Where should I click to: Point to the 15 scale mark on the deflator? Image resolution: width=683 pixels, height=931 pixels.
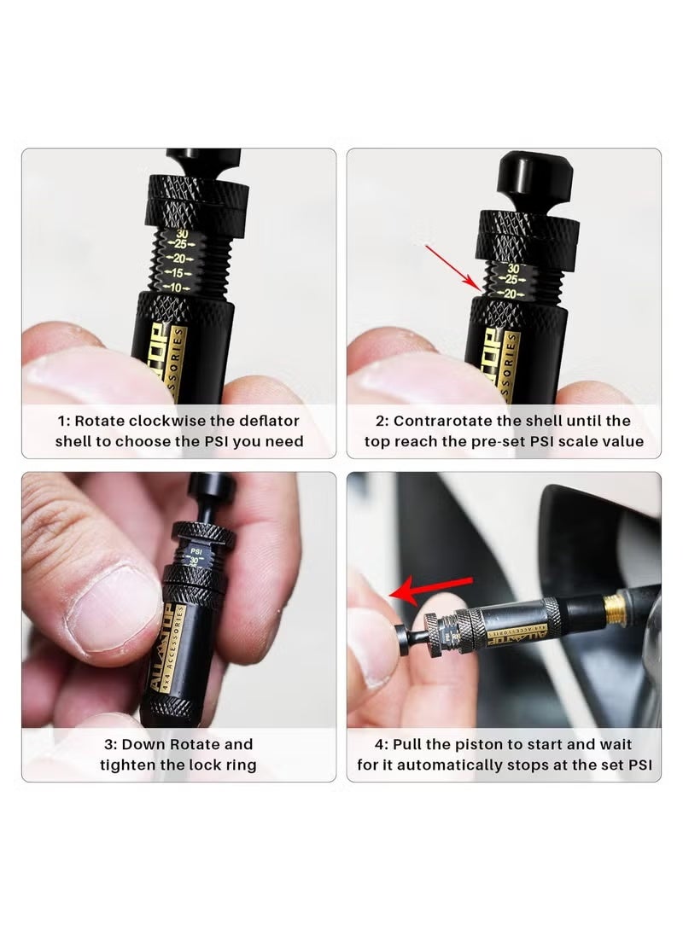(178, 272)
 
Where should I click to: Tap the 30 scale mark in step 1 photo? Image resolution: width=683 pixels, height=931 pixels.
(181, 233)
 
